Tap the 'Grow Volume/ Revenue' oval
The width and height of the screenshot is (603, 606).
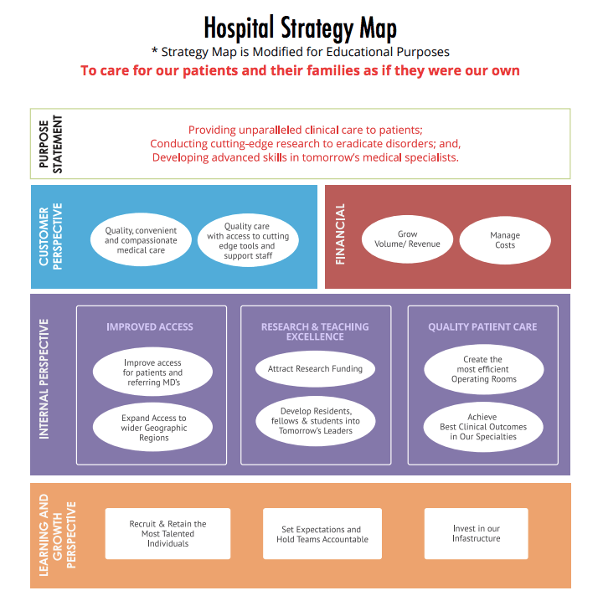click(x=407, y=239)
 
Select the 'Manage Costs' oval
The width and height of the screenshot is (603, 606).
click(x=505, y=240)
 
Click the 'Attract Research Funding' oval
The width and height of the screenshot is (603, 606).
click(x=315, y=368)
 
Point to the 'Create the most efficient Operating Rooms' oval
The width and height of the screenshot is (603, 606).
click(x=483, y=369)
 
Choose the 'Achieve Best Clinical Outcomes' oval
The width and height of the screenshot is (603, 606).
click(x=483, y=427)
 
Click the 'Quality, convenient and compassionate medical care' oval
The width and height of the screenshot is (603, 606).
click(x=141, y=240)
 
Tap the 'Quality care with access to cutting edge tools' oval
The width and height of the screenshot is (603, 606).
click(x=246, y=241)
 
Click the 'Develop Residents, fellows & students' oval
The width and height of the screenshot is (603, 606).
click(x=315, y=421)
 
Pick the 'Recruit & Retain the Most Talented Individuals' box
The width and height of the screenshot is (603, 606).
click(x=167, y=534)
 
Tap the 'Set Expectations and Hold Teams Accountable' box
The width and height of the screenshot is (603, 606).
click(x=322, y=534)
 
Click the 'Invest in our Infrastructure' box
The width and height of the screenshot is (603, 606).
click(x=476, y=533)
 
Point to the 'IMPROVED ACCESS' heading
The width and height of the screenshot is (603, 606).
click(x=150, y=326)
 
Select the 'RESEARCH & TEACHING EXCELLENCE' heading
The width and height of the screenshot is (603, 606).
click(x=315, y=331)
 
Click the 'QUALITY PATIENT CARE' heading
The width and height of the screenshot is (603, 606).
click(x=482, y=326)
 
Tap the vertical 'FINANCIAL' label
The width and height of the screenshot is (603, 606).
click(x=341, y=235)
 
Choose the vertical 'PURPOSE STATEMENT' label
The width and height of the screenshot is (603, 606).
click(x=51, y=143)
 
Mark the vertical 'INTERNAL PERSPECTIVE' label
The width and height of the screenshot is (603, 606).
click(x=45, y=378)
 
